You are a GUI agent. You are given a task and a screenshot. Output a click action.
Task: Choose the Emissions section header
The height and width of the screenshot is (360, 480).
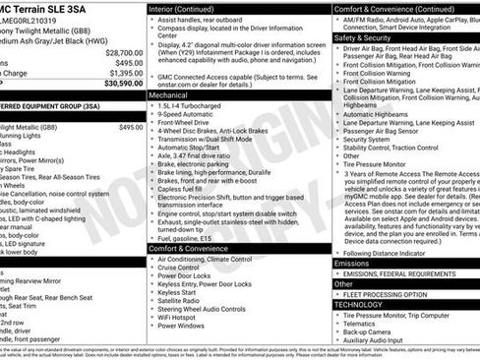[x=351, y=263]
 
